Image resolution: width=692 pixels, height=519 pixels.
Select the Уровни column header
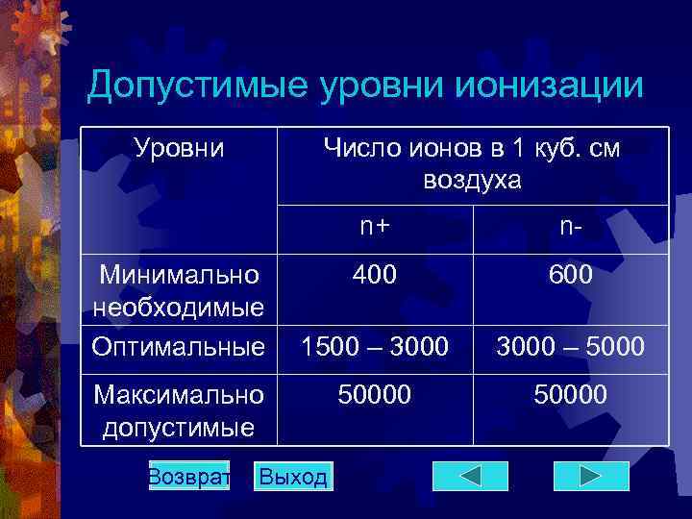(x=179, y=148)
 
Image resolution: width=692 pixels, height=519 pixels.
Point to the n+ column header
(x=375, y=227)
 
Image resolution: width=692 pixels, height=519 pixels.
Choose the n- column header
(x=571, y=227)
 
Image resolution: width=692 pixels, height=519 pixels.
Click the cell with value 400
(x=375, y=276)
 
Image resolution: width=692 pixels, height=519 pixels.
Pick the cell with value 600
(x=571, y=276)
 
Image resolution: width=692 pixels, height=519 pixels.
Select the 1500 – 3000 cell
(x=375, y=347)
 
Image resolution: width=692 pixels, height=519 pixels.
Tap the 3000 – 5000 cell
(x=571, y=347)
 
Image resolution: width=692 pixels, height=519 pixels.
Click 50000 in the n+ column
(x=375, y=394)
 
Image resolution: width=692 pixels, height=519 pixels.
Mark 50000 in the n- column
(x=571, y=394)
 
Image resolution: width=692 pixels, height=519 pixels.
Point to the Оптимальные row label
(x=179, y=345)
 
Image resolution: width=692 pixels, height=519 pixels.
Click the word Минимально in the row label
(x=179, y=276)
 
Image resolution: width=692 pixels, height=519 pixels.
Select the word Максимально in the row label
(x=179, y=394)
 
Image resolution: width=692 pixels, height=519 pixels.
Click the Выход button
(x=293, y=477)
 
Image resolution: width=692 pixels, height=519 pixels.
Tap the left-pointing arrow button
(x=470, y=476)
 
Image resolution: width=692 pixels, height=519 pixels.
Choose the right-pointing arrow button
(x=591, y=476)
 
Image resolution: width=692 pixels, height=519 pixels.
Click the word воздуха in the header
(x=471, y=179)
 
